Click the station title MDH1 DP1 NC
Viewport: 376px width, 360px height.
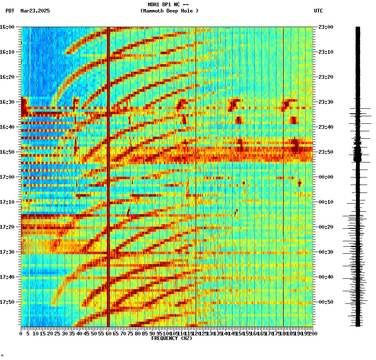pos(168,5)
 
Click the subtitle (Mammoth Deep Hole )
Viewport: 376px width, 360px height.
pos(169,11)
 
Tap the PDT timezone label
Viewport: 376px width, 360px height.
pos(10,11)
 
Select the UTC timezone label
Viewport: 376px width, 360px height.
pos(318,11)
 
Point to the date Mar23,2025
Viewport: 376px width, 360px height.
pos(35,11)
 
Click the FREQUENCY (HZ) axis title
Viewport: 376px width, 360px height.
pos(172,338)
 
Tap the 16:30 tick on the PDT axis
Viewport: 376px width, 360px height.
pos(7,102)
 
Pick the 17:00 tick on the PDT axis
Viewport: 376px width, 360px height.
pos(7,177)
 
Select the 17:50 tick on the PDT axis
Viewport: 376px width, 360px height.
pos(7,302)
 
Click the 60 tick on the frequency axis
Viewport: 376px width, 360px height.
pos(108,333)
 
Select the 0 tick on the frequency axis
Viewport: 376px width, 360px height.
pos(21,333)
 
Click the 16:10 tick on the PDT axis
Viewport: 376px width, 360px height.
pos(7,52)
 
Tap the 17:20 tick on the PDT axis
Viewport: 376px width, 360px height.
pos(7,227)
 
